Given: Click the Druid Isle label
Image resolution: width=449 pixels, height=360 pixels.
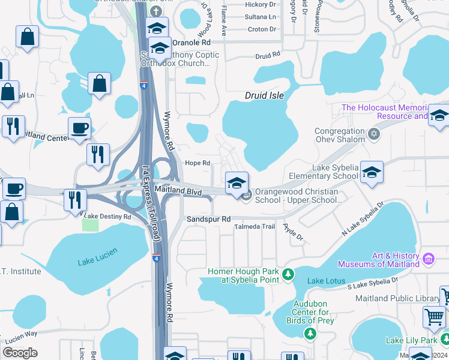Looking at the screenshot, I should (x=264, y=95).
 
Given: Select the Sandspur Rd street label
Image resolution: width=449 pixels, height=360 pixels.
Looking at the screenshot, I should (x=208, y=220).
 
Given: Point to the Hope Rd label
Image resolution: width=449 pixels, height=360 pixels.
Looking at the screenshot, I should (x=197, y=163).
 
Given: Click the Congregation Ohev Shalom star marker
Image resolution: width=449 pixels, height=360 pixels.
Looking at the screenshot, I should (x=374, y=134).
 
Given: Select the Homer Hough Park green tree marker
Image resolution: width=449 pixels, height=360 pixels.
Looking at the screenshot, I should (x=289, y=274).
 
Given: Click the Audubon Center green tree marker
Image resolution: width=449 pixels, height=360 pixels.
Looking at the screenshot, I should (x=310, y=334).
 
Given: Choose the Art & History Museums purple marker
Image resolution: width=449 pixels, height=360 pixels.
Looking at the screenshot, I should (x=429, y=259).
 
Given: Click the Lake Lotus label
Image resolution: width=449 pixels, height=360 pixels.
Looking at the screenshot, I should (x=324, y=281).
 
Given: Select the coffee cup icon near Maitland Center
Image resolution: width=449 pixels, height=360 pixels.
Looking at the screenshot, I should (x=79, y=127).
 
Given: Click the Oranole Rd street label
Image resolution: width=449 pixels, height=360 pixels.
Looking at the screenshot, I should (x=191, y=43).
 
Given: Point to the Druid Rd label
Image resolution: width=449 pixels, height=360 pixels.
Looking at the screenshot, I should (x=268, y=55).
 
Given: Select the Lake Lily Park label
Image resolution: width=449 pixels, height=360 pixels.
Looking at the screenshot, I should (x=411, y=340).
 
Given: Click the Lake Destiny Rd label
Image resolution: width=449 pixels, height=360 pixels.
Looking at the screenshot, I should (x=109, y=216).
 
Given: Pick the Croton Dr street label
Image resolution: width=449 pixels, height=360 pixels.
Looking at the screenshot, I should (x=262, y=29).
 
